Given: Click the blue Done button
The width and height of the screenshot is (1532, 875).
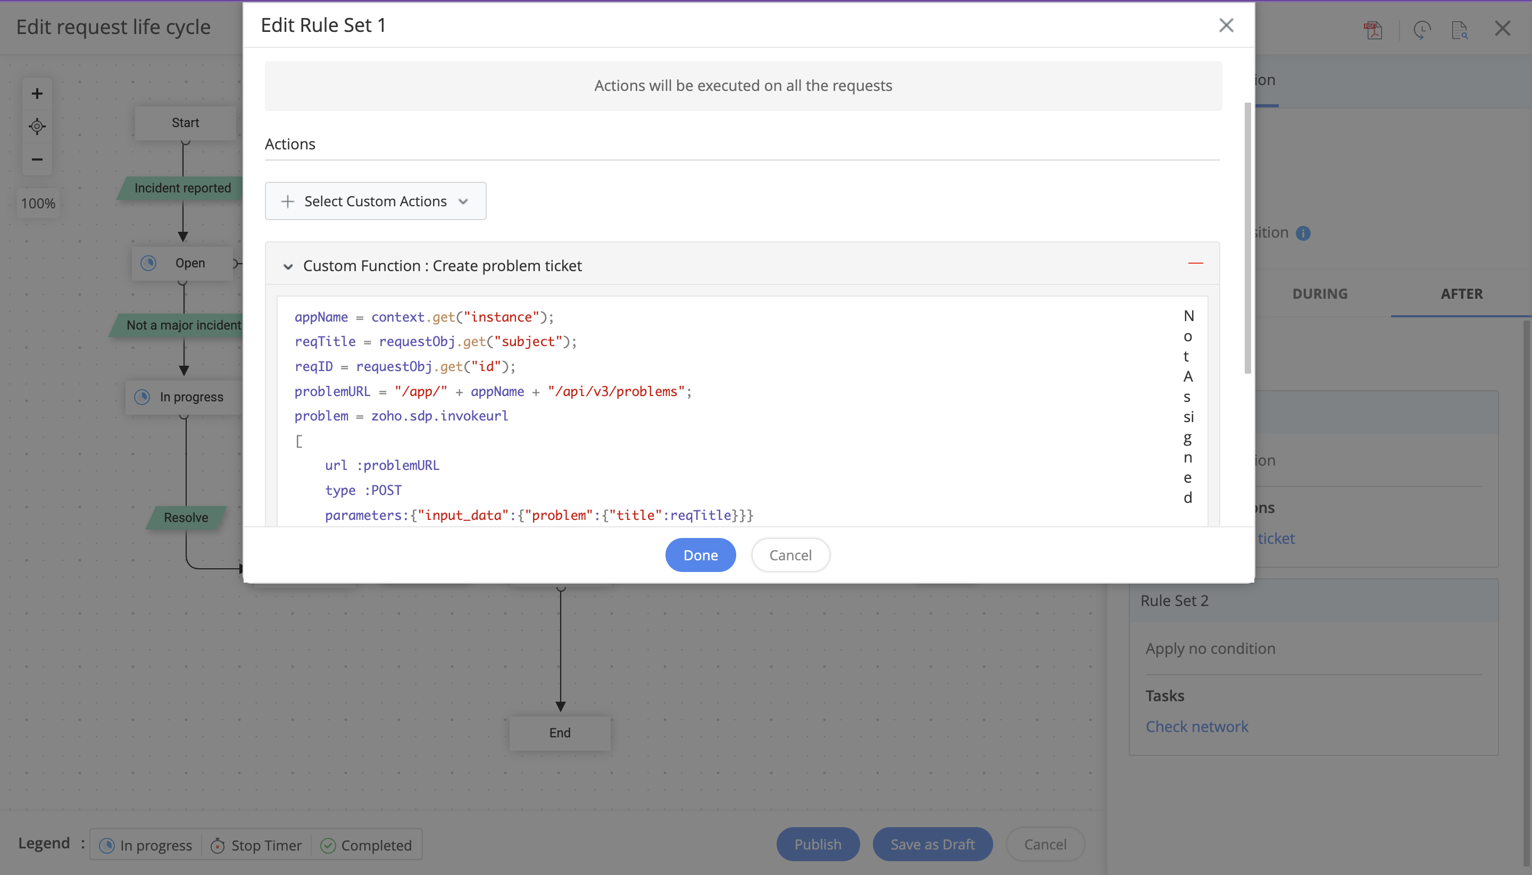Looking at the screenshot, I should tap(701, 554).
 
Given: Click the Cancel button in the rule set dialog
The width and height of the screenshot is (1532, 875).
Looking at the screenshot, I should tap(790, 554).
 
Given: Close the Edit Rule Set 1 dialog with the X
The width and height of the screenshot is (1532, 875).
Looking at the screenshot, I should tap(1226, 25).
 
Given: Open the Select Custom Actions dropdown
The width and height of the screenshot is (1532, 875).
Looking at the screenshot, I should tap(375, 201).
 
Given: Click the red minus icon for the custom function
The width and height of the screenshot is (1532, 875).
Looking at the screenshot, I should tap(1195, 263).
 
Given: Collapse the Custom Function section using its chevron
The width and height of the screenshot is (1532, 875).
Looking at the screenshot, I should tap(288, 266).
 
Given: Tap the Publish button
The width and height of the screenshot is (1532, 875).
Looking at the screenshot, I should tap(818, 844).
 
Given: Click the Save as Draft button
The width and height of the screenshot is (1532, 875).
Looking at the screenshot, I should tap(932, 844).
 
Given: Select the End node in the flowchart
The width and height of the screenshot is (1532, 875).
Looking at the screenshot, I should tap(560, 733).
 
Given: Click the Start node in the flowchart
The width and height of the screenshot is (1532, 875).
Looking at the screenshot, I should tap(185, 123).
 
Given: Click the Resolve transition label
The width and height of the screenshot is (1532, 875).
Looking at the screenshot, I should tap(186, 517).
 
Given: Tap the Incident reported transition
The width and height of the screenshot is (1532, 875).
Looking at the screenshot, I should tap(182, 188).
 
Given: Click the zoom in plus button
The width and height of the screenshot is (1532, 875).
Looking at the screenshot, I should tap(37, 94).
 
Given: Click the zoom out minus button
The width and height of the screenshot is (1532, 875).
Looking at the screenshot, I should tap(37, 159).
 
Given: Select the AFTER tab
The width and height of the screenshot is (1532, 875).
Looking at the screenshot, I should tap(1461, 294).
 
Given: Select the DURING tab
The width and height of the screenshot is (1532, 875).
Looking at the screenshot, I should tap(1320, 294).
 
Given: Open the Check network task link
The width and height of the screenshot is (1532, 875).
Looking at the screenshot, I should tap(1196, 727).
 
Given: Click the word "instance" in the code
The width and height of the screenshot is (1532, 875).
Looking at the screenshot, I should tap(502, 317).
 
